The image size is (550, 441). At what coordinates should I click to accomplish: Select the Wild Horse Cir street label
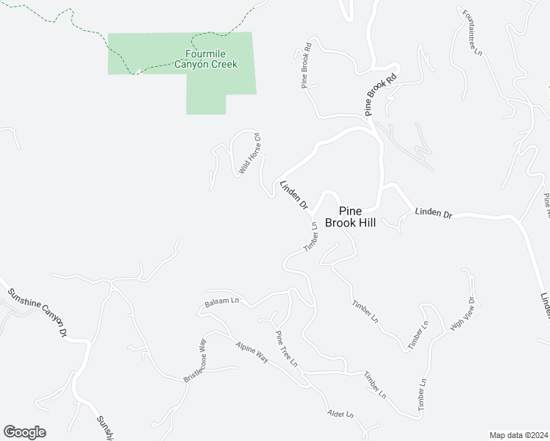click(250, 154)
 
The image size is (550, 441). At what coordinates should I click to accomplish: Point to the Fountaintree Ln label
click(472, 33)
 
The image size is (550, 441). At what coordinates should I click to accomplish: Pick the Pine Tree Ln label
click(286, 349)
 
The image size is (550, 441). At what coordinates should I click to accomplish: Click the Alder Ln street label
click(340, 415)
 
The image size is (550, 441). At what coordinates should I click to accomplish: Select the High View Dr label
click(465, 313)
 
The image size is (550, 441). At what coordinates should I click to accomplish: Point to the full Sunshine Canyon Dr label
click(37, 312)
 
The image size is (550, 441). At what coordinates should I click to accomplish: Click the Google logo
click(24, 432)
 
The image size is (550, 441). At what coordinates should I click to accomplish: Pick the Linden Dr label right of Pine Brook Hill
click(432, 213)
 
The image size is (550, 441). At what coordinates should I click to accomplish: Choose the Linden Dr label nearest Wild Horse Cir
click(293, 196)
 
